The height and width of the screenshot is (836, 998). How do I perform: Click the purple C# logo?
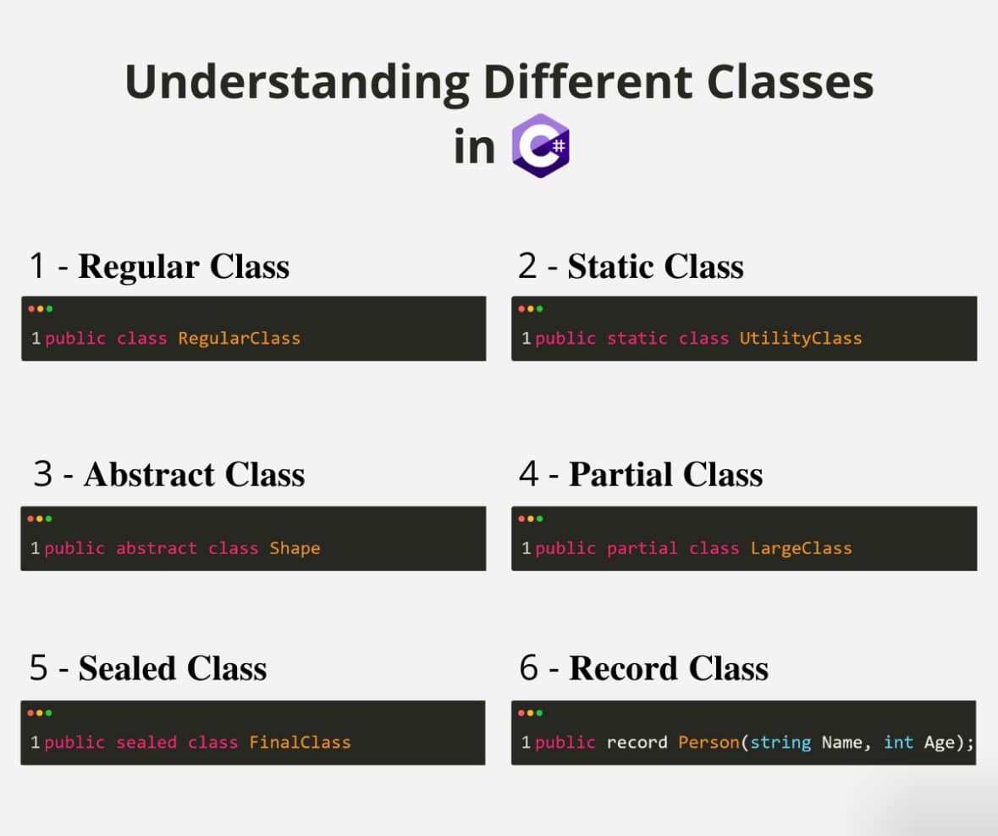pos(541,146)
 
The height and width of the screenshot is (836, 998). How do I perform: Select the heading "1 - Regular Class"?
pos(159,266)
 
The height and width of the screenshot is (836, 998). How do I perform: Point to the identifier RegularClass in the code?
pos(239,338)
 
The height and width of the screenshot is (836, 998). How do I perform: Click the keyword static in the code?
pos(637,338)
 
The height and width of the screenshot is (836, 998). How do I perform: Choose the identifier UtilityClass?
pos(800,338)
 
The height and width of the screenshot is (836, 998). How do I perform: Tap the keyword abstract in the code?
pos(156,548)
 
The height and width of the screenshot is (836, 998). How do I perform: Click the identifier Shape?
pos(295,548)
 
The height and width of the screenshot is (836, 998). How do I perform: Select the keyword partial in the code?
pos(642,548)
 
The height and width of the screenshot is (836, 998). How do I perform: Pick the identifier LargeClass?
pos(801,548)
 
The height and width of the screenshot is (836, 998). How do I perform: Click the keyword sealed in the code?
pos(146,742)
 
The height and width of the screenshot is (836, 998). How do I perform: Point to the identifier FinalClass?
pos(300,742)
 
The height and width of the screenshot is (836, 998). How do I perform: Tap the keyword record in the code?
pos(637,742)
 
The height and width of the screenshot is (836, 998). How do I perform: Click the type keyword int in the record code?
pos(898,742)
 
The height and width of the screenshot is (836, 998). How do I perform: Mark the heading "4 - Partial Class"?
pos(641,474)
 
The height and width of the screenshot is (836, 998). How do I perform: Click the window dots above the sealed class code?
pos(39,713)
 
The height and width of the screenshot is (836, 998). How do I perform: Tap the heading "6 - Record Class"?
pos(643,668)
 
